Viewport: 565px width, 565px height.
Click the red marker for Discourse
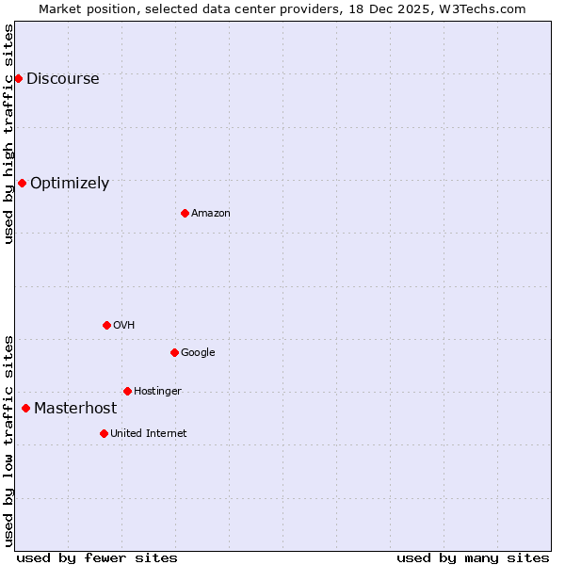[18, 78]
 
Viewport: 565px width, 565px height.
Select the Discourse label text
[62, 79]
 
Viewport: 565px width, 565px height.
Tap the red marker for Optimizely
[22, 183]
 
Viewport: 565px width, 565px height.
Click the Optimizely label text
[70, 184]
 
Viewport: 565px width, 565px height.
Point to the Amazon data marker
[185, 213]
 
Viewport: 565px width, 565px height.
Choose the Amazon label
[210, 214]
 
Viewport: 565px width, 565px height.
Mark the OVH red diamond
[106, 325]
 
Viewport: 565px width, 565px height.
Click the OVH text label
[123, 326]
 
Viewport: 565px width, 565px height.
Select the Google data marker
[174, 352]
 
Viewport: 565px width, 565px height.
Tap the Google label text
[198, 353]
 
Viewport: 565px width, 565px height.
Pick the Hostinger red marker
[127, 391]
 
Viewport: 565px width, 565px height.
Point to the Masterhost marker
[25, 408]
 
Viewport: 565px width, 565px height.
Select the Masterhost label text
[75, 409]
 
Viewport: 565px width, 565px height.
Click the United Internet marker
[104, 433]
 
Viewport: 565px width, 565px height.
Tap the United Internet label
[148, 434]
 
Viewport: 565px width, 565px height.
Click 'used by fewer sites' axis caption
[97, 557]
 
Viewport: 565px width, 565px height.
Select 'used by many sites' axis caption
[473, 557]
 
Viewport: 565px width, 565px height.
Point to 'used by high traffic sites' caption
[9, 134]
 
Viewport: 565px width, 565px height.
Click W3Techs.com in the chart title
[483, 8]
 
